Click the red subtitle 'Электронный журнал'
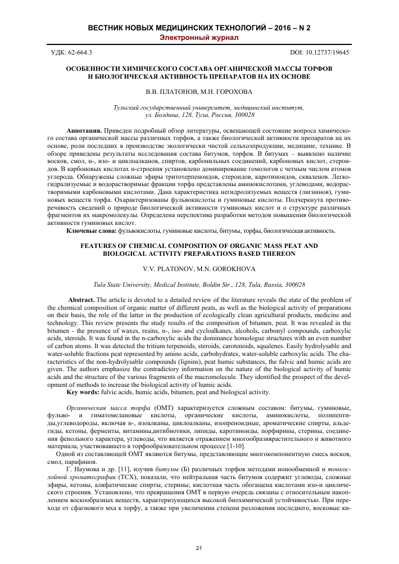[x=199, y=38]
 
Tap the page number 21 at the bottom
[x=199, y=548]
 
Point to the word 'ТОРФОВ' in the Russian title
[x=315, y=67]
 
